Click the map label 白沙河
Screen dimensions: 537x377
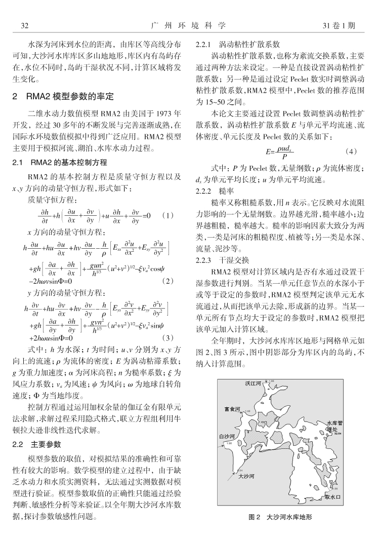[227, 436]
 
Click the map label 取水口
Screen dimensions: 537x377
[333, 497]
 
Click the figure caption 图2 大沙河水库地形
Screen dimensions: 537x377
[280, 517]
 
